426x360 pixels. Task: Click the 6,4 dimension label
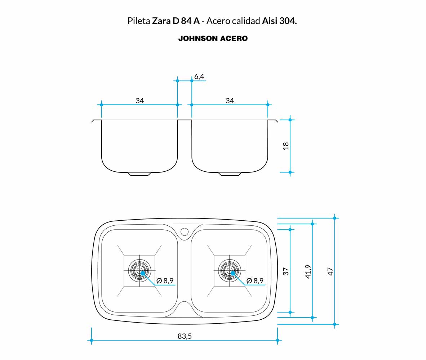point(199,76)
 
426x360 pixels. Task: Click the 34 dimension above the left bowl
point(140,101)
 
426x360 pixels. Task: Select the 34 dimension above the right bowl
point(230,101)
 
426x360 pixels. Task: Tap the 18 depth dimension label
point(286,146)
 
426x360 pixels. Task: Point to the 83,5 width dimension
point(185,336)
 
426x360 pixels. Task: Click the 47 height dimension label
point(330,271)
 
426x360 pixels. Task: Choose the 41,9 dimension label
point(308,271)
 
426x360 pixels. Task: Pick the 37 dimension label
point(286,271)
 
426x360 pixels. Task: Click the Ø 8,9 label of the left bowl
point(165,281)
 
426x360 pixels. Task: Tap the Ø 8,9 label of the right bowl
point(255,281)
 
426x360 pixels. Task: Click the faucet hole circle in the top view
point(185,231)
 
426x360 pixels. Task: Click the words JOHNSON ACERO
point(213,39)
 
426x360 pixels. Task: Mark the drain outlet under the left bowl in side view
point(139,174)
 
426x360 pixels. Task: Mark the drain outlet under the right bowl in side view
point(230,174)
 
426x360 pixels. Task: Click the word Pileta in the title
point(139,21)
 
